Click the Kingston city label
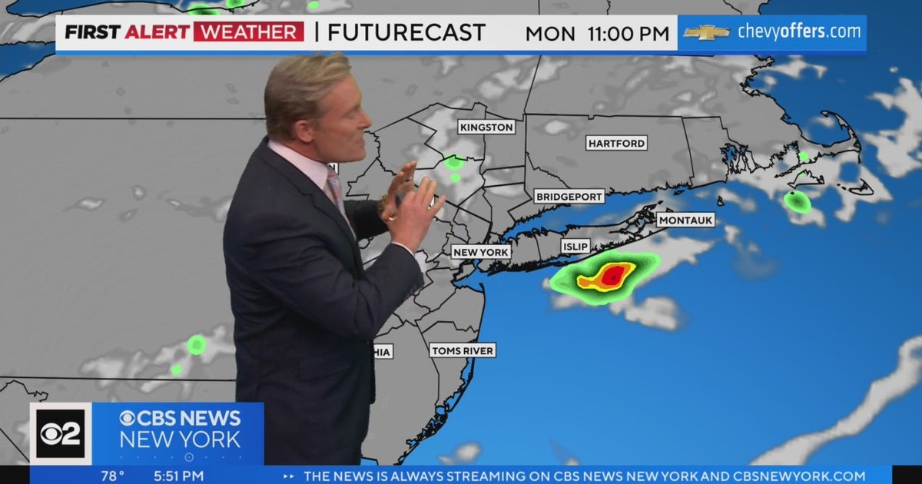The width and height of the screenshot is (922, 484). (486, 127)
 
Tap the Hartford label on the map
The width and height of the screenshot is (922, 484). (616, 143)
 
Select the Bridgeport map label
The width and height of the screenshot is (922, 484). (569, 197)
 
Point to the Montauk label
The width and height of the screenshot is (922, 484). (686, 220)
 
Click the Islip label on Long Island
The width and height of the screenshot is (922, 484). (575, 246)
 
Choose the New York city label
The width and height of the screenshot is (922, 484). (481, 252)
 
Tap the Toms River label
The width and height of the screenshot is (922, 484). (463, 350)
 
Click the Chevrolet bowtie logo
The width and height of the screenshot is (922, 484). (706, 32)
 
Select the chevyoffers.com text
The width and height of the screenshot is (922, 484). (799, 32)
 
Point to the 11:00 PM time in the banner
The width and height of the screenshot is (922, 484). (628, 34)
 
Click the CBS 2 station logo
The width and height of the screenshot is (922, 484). (61, 434)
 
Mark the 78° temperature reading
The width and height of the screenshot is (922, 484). (112, 476)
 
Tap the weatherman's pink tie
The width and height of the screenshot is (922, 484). (335, 188)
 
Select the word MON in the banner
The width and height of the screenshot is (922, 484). (550, 34)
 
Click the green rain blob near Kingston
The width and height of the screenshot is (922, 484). (454, 163)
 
